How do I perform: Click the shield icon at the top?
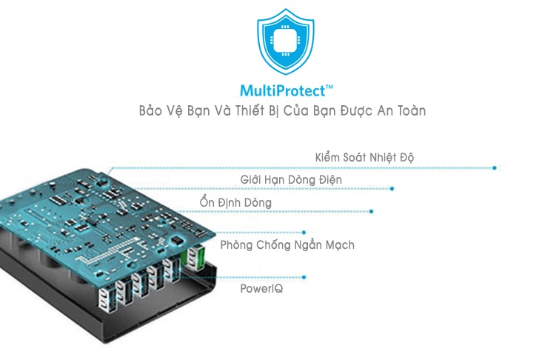pos(279,44)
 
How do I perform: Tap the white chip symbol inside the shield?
pos(279,41)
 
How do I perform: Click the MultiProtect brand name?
pos(283,91)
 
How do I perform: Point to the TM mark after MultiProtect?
pos(329,87)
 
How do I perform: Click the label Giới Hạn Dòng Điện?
pos(291,180)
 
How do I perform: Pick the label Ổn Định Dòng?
pos(235,202)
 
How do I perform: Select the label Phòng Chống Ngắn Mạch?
pos(287,244)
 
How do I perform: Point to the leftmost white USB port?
pos(103,297)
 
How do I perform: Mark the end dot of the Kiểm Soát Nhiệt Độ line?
pos(495,168)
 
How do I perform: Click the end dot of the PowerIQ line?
pos(304,278)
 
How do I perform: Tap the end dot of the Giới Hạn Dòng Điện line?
pos(392,189)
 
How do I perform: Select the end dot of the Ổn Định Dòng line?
pos(372,212)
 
